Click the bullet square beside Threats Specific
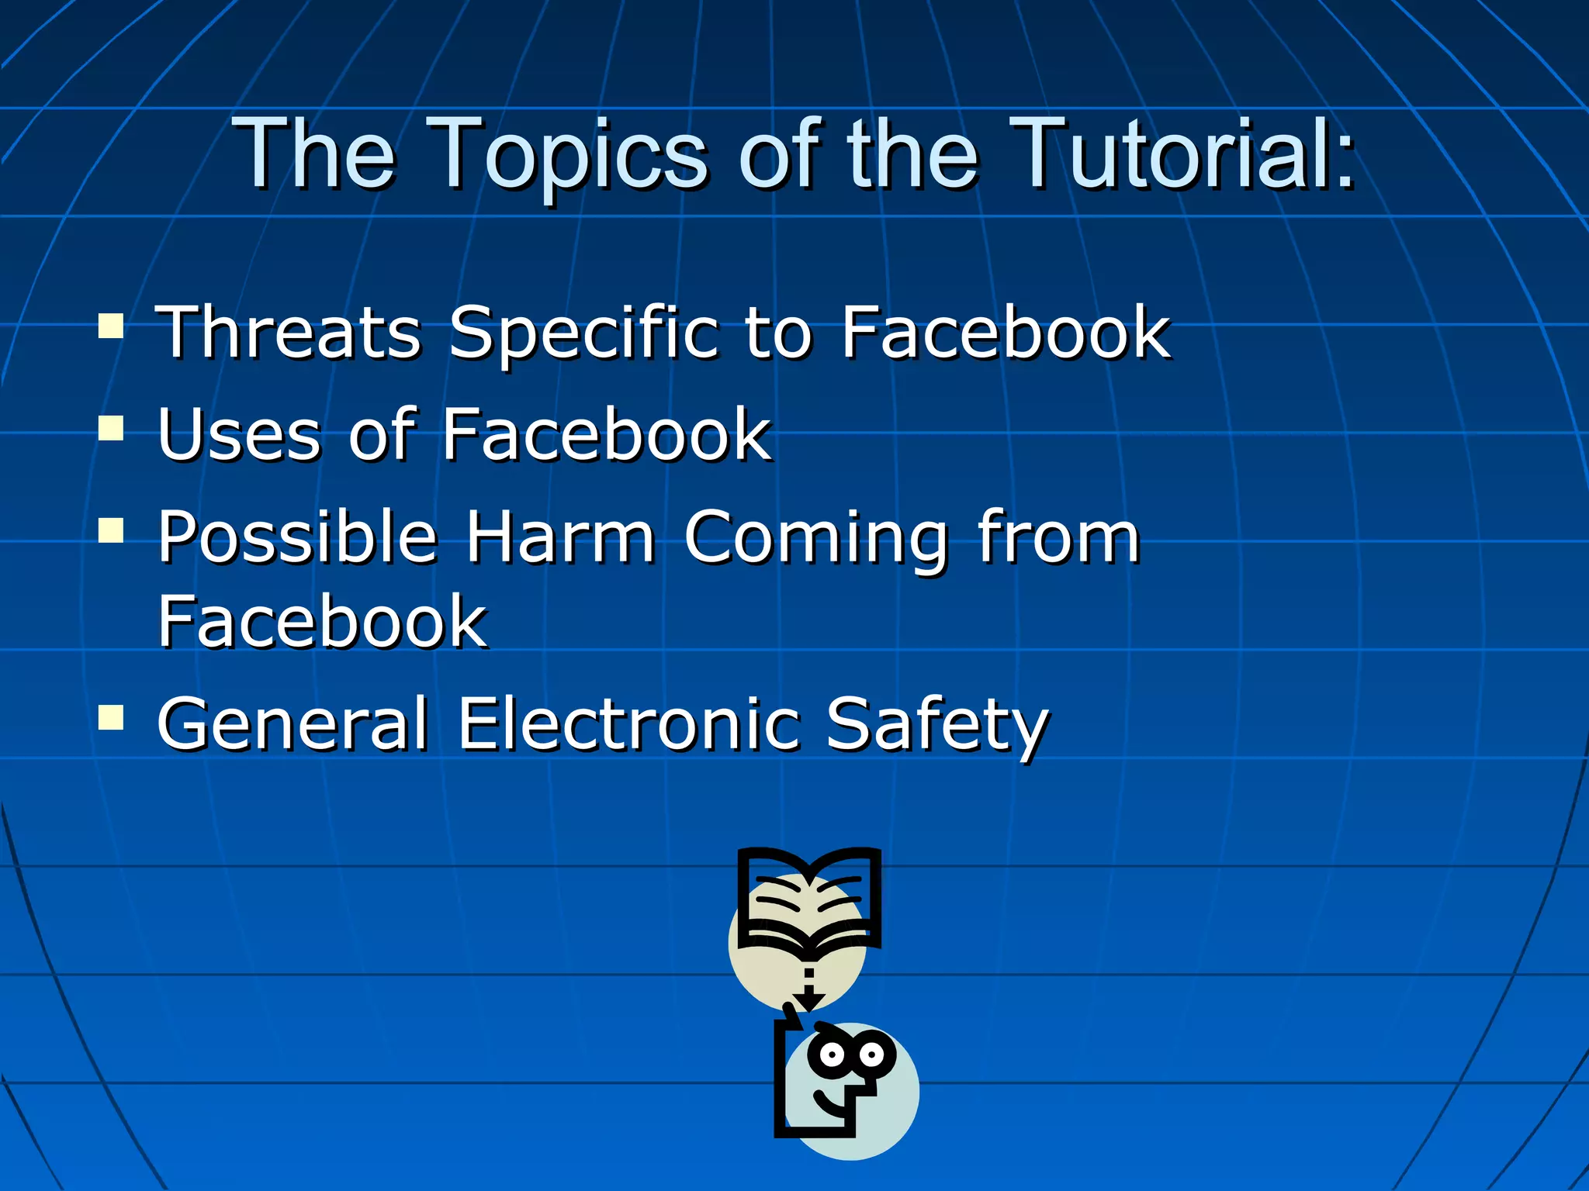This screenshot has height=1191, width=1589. [111, 326]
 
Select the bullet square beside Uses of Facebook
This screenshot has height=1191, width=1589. [111, 428]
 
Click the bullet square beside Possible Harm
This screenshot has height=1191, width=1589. [111, 530]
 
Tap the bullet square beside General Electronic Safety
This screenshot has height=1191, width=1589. [111, 717]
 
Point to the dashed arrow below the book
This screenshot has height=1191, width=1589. [808, 989]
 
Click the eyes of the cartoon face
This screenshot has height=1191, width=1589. [851, 1055]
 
